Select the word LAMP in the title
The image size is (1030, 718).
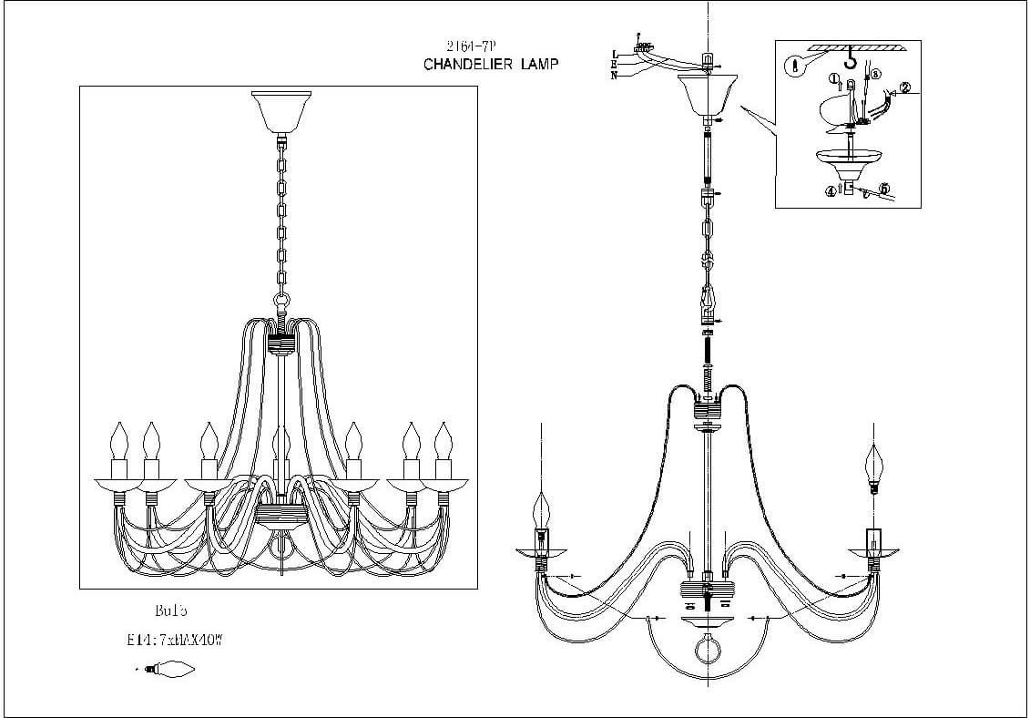[x=535, y=65]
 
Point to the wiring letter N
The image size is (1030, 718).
[x=616, y=76]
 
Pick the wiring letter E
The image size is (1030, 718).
[x=616, y=66]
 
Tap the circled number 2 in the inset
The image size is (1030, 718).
[x=904, y=89]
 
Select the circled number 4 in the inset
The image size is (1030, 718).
[x=831, y=191]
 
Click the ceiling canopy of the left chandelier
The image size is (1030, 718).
[x=281, y=111]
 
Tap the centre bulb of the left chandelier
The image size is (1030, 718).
[x=281, y=446]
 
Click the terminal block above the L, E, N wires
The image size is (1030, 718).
[x=645, y=44]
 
